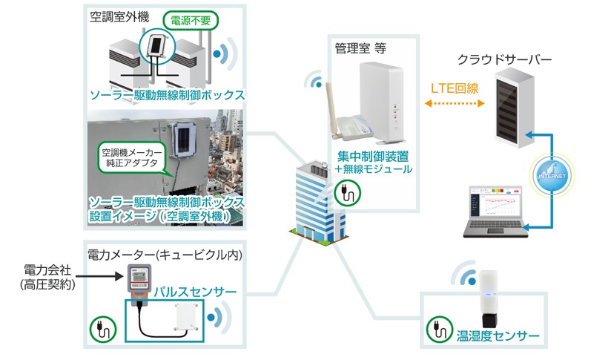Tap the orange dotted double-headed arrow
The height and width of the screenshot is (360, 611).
pyautogui.click(x=454, y=104)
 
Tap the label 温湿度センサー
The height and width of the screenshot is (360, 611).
pyautogui.click(x=498, y=337)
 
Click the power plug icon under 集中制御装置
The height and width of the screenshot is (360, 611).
pyautogui.click(x=347, y=194)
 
